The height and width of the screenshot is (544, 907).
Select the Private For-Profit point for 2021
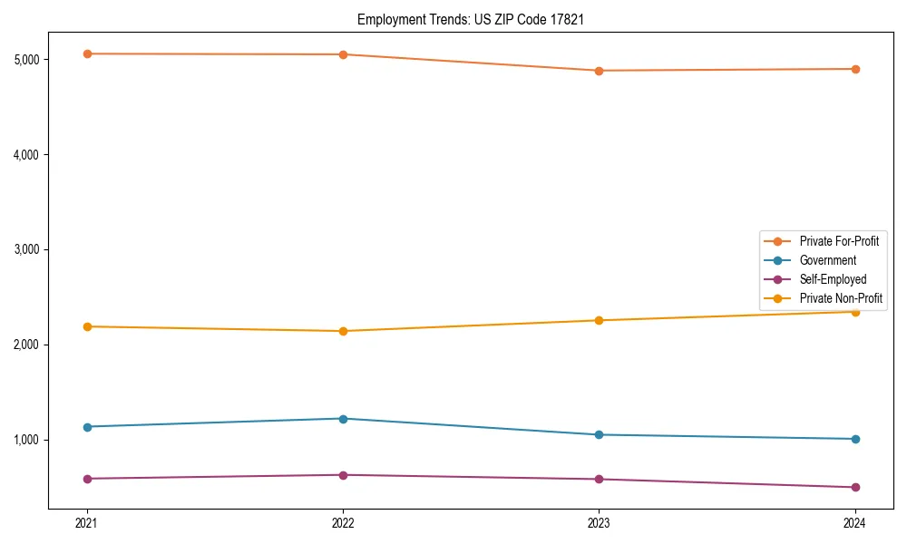point(87,53)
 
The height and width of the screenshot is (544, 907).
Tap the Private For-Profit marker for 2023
point(599,71)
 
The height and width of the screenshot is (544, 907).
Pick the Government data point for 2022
point(343,419)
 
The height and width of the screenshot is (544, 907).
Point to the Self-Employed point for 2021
point(87,479)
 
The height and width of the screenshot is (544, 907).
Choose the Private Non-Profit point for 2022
point(343,331)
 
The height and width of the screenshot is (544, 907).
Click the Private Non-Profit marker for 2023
point(599,320)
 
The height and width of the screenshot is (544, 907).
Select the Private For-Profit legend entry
point(839,241)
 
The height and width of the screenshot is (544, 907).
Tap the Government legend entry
point(827,260)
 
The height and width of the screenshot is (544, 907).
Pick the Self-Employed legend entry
point(833,279)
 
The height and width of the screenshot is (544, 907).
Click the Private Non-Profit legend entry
point(841,298)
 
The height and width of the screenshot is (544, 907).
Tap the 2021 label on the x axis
point(87,522)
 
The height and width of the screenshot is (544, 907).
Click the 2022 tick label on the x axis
point(343,522)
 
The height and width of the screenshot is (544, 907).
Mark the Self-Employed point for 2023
point(599,479)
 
